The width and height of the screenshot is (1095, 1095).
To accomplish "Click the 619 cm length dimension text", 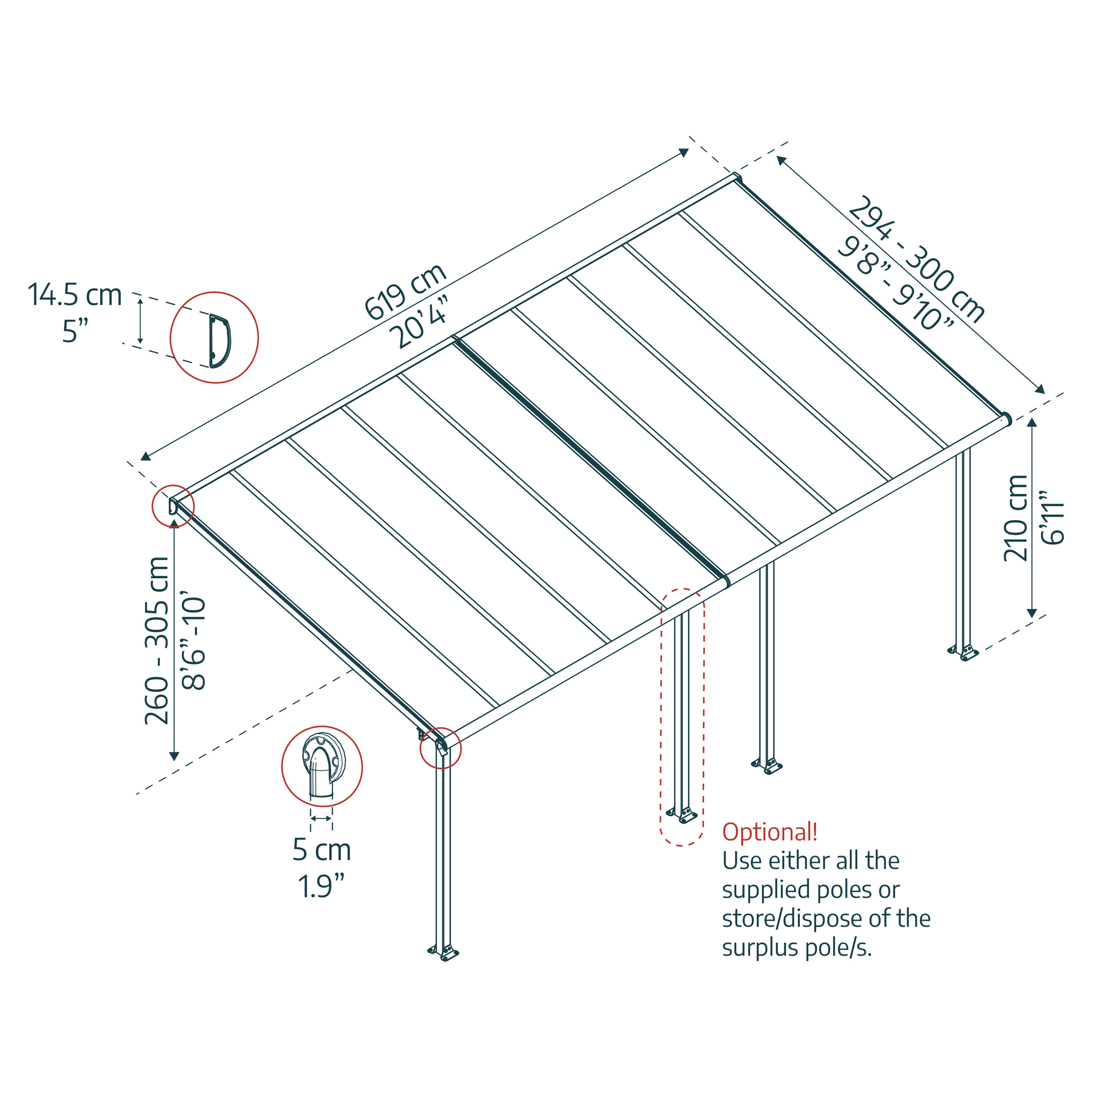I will [x=405, y=292].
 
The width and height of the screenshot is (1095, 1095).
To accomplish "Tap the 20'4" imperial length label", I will [x=422, y=322].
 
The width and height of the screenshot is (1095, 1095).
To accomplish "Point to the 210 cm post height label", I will [x=1016, y=518].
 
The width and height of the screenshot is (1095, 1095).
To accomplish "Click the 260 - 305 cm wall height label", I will [x=157, y=641].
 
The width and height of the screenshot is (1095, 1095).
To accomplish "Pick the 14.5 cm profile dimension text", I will [x=75, y=295].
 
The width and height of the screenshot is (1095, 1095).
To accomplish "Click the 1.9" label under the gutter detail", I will [x=321, y=886].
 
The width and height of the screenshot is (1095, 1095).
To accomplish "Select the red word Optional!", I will [x=769, y=832].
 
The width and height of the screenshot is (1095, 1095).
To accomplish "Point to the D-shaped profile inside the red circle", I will [x=220, y=341].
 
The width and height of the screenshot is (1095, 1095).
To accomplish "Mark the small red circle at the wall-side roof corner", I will [x=173, y=506].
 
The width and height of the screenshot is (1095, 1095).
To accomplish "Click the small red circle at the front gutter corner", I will [x=440, y=748].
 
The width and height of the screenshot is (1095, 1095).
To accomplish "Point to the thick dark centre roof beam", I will [x=590, y=457].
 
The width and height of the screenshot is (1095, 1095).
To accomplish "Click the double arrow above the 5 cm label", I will [x=321, y=819].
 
